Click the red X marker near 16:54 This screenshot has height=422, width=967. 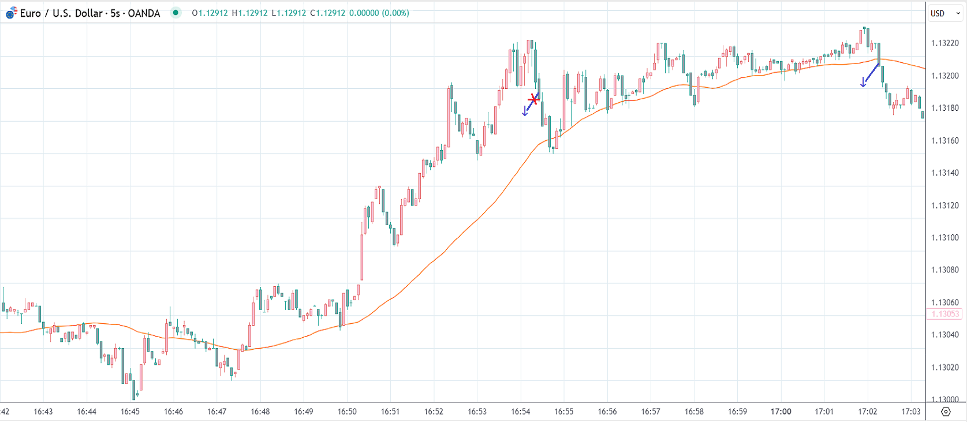(533, 100)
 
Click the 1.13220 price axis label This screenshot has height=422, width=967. (944, 43)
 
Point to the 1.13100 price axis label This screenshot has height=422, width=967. (944, 238)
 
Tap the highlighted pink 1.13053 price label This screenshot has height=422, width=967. (944, 314)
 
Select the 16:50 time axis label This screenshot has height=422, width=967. (347, 412)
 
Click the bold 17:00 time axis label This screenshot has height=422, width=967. (781, 412)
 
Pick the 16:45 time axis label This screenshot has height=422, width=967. (130, 412)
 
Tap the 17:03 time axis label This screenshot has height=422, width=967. (911, 412)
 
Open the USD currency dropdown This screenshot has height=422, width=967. (944, 13)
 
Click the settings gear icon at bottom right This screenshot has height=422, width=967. (946, 412)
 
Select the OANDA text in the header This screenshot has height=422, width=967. (144, 13)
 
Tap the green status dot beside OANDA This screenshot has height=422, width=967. (176, 13)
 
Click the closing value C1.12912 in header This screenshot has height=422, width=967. (327, 13)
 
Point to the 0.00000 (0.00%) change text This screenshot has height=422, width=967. (379, 13)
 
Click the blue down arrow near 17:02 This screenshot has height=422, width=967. (863, 82)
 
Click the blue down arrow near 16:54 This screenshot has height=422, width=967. (525, 111)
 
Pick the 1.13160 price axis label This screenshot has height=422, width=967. (944, 141)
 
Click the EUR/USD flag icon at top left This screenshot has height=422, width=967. (11, 13)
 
